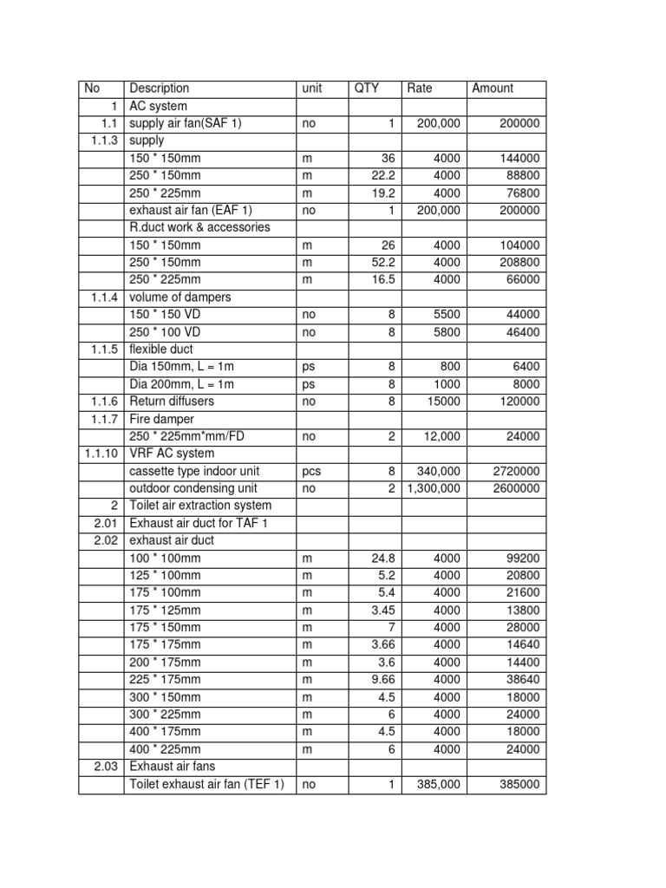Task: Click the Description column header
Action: tap(160, 88)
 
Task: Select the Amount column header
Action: tap(493, 88)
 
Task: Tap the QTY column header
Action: tap(367, 88)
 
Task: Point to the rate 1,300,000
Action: tap(434, 488)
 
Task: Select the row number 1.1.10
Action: tap(101, 454)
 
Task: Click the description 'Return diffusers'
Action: tap(172, 402)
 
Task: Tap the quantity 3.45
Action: tap(381, 610)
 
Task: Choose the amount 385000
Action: tap(518, 784)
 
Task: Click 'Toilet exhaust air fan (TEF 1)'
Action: tap(206, 784)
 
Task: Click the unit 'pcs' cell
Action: tap(311, 471)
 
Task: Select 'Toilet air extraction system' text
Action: tap(200, 506)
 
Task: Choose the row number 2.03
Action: tap(105, 767)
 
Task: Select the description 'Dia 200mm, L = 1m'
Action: tap(181, 384)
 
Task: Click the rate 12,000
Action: tap(441, 436)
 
